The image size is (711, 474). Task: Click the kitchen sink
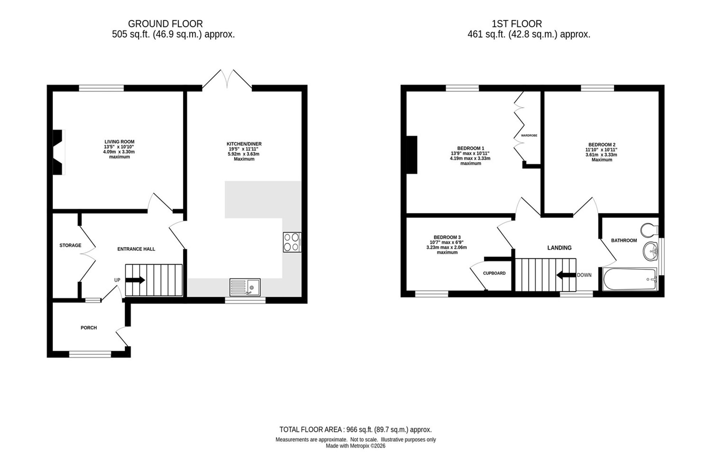click(245, 287)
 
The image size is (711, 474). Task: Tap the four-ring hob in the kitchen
click(292, 242)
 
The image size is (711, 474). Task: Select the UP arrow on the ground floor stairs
click(135, 280)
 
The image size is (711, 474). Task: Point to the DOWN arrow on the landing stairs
click(566, 275)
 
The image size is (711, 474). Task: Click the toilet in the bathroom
click(649, 230)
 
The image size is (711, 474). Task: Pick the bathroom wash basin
click(651, 251)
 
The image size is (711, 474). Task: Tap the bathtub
click(630, 279)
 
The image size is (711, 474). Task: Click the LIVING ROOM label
click(119, 142)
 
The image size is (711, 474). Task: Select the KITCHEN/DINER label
click(244, 144)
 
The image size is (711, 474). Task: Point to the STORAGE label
click(70, 245)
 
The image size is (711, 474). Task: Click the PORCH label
click(89, 328)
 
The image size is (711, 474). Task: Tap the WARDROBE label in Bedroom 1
click(529, 135)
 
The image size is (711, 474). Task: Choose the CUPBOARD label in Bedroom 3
click(494, 273)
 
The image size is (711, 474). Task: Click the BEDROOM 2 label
click(602, 145)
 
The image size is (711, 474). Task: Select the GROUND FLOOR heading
click(165, 24)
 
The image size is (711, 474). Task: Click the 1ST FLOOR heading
click(517, 24)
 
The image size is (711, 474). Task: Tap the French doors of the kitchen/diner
click(227, 79)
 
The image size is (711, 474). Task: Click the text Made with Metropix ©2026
click(355, 446)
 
